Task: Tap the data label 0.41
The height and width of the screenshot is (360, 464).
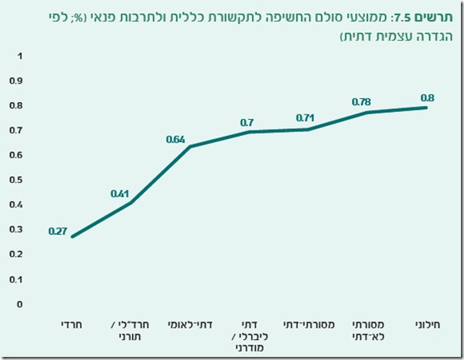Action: pyautogui.click(x=120, y=193)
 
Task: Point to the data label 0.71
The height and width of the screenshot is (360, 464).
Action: pyautogui.click(x=305, y=118)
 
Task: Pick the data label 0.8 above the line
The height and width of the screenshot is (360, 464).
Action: pyautogui.click(x=427, y=97)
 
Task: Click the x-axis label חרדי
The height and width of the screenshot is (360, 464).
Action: pyautogui.click(x=72, y=325)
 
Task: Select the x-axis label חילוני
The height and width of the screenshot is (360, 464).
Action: pyautogui.click(x=427, y=325)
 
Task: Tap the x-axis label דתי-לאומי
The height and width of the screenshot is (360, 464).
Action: pyautogui.click(x=190, y=325)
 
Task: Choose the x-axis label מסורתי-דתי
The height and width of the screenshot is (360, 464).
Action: pyautogui.click(x=308, y=325)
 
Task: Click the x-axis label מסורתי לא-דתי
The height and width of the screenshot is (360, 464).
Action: pyautogui.click(x=367, y=331)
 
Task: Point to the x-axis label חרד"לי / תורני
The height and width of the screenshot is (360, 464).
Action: pyautogui.click(x=131, y=331)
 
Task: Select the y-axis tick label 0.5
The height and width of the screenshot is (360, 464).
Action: pyautogui.click(x=17, y=180)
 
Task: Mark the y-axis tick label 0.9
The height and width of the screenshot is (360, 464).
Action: pyautogui.click(x=17, y=81)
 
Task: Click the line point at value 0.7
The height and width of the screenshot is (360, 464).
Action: pyautogui.click(x=249, y=132)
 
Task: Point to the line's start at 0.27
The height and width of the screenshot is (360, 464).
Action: pyautogui.click(x=72, y=236)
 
